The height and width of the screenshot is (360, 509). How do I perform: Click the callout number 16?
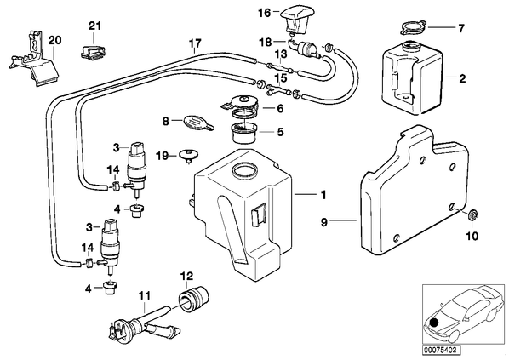click(265, 13)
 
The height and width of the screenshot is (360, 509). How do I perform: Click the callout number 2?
click(462, 78)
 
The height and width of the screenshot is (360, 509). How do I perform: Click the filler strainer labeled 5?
click(245, 134)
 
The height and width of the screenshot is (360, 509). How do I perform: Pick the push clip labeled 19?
click(189, 155)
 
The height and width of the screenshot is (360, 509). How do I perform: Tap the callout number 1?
click(323, 195)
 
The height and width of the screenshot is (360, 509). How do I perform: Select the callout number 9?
click(324, 223)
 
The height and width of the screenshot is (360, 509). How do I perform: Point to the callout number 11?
click(145, 295)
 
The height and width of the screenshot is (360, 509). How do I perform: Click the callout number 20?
click(54, 41)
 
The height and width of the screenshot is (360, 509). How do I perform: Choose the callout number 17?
click(196, 43)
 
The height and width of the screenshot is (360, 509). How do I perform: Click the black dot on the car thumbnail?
click(433, 323)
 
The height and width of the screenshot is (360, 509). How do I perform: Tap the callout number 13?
click(282, 54)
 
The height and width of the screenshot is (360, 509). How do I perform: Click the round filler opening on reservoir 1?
click(245, 171)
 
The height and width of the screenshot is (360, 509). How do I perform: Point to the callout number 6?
click(280, 108)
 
